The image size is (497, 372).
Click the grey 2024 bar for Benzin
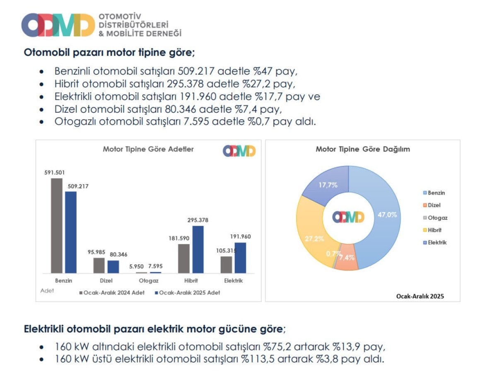pyautogui.click(x=57, y=225)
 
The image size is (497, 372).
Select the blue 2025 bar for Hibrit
pyautogui.click(x=198, y=249)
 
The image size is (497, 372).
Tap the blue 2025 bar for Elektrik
pyautogui.click(x=240, y=258)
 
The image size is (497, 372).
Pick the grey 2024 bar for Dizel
pyautogui.click(x=99, y=265)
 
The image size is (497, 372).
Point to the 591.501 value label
pyautogui.click(x=54, y=173)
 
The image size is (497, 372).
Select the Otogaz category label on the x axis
pyautogui.click(x=148, y=281)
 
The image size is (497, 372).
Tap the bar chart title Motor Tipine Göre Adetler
pyautogui.click(x=148, y=149)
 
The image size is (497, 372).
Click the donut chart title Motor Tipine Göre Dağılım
pyautogui.click(x=362, y=149)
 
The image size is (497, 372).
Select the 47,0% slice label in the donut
pyautogui.click(x=387, y=215)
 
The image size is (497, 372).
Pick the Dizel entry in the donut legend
pyautogui.click(x=432, y=205)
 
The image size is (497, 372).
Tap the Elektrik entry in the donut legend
pyautogui.click(x=435, y=242)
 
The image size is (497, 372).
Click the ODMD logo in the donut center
pyautogui.click(x=348, y=217)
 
